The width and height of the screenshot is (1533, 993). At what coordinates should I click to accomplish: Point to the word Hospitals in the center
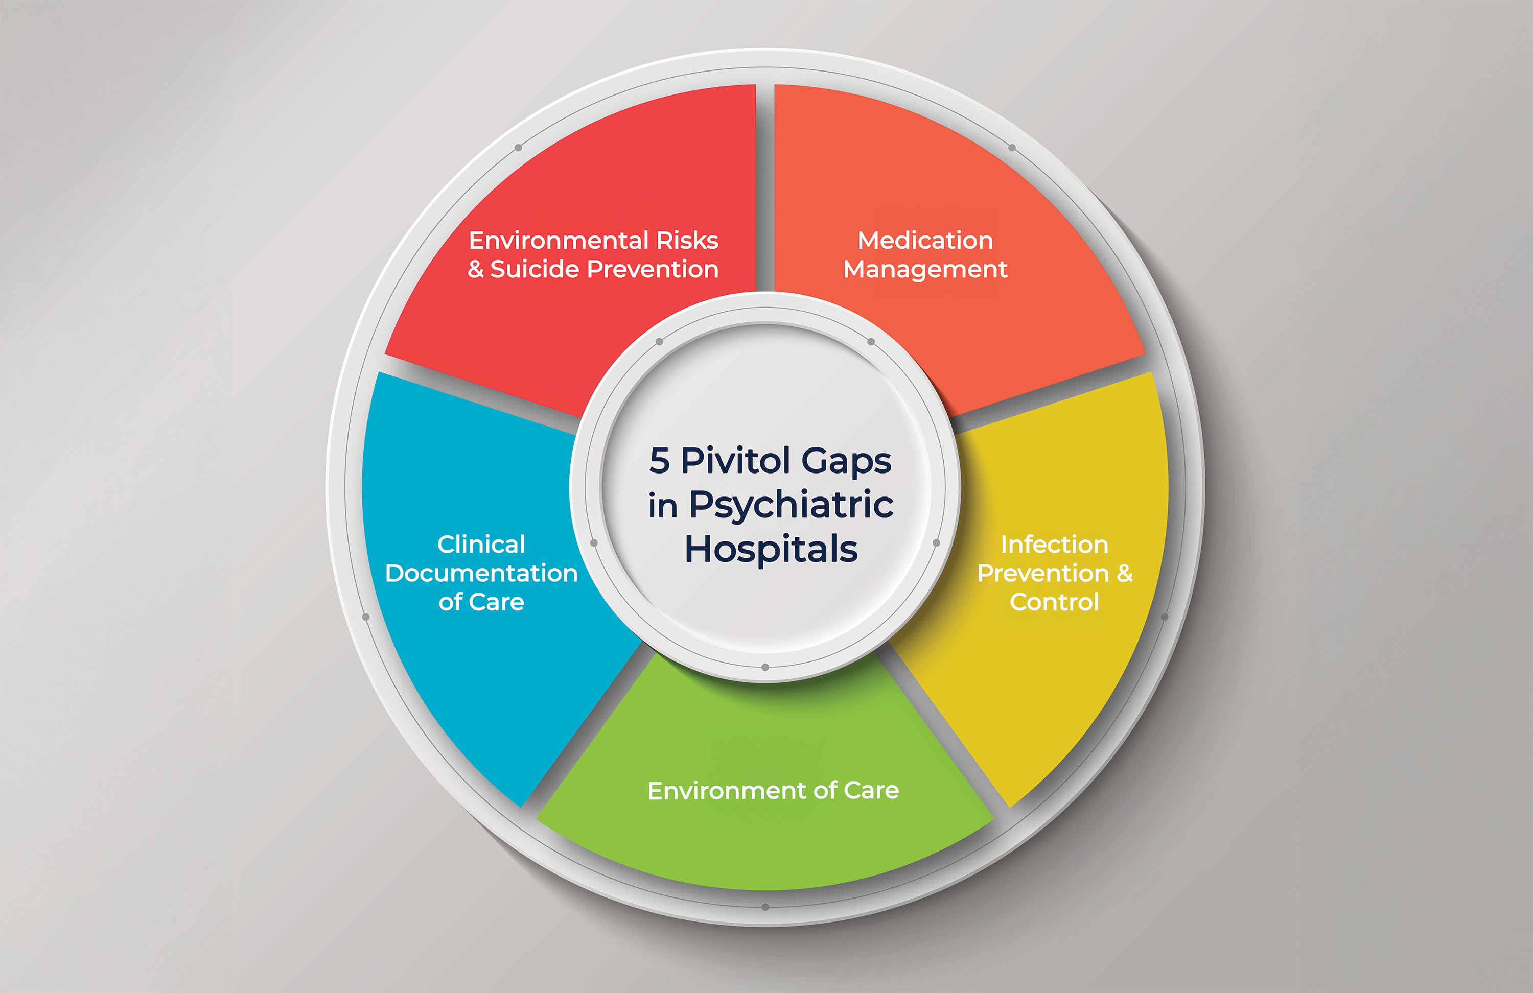coord(771,549)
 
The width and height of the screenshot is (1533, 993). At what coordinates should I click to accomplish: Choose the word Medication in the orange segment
coord(925,240)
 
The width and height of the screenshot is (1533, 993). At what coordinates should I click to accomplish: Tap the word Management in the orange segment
coord(925,269)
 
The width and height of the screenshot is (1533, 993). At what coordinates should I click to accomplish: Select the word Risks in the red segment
coord(687,240)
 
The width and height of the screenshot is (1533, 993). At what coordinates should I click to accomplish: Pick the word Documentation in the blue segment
coord(481,573)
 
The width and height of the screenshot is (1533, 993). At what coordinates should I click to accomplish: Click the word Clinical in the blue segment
coord(481,544)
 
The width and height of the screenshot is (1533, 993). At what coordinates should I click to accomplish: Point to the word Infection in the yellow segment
coord(1054,544)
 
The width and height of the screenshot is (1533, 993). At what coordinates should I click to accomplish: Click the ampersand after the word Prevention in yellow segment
coord(1125,573)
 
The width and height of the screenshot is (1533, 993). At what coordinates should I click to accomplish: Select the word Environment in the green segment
coord(727,790)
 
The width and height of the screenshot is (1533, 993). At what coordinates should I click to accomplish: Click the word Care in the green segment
coord(871,790)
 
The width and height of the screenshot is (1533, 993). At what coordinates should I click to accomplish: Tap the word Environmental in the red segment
coord(559,240)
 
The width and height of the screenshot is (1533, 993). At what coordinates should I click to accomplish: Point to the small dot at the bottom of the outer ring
coord(765,907)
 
